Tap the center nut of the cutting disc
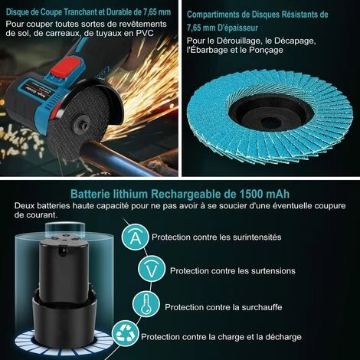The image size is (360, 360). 83,125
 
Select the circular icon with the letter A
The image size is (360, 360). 136,237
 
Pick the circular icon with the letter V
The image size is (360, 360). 152,269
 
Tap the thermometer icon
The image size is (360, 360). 146,304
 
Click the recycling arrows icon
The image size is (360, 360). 125,334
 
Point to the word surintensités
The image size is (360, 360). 257,237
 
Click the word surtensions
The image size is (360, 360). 273,271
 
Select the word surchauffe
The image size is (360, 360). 262,307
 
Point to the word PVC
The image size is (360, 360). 145,33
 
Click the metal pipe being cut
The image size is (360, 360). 120,159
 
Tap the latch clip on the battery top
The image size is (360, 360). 63,250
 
